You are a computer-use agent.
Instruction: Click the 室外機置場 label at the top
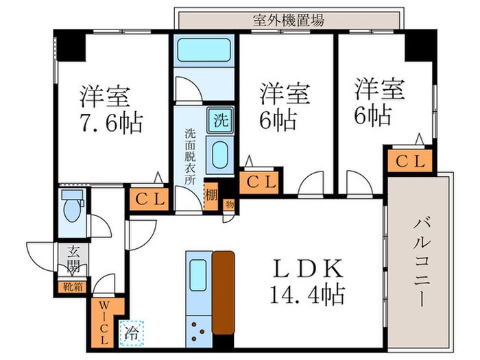(288, 19)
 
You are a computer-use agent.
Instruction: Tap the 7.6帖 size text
(110, 123)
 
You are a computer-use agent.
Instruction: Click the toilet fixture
(71, 206)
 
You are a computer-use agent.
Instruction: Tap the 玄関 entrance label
(72, 258)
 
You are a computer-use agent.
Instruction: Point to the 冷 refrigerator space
(130, 331)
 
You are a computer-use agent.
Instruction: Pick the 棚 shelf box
(211, 195)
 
